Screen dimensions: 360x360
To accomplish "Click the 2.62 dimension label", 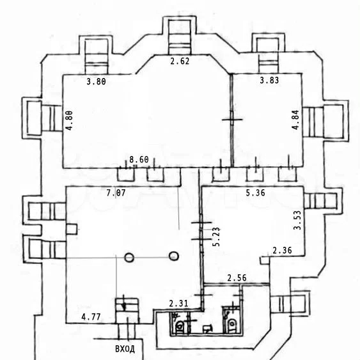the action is pos(180,61).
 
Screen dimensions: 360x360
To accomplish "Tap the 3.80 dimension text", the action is pos(96,81).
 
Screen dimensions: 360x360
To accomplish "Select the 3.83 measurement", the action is pos(269,80).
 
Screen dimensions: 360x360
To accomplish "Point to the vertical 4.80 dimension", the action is pos(69,121).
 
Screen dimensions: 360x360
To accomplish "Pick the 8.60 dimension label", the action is pos(139,159).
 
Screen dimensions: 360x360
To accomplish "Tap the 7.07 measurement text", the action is pos(116,193).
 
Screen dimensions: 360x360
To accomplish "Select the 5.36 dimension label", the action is pos(255,193).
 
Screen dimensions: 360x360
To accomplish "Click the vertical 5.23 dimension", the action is pos(216,237).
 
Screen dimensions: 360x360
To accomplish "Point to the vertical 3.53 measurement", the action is pos(297,220).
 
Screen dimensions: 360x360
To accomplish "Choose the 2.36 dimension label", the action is pos(282,250).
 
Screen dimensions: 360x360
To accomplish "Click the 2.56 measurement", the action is pos(237,278).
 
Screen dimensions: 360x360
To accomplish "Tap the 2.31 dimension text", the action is pos(178,304).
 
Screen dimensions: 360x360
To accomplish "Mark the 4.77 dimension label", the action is pos(91,317).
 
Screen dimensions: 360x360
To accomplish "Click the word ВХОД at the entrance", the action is pos(125,349).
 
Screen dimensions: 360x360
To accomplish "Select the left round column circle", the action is pos(129,258).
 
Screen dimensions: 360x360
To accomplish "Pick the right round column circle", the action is pos(174,256).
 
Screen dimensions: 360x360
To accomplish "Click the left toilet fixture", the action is pos(180,326).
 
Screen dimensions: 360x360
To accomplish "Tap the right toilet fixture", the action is pos(232,324).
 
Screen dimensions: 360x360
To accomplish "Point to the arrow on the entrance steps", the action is pos(124,303).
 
